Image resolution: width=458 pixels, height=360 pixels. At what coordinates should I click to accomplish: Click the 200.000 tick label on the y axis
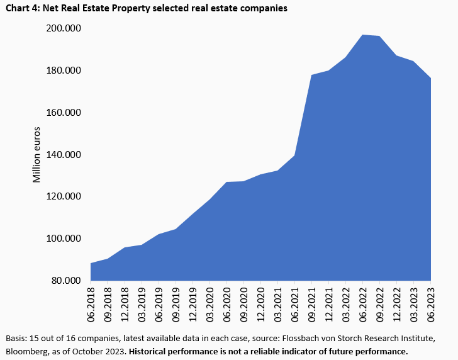(x=66, y=29)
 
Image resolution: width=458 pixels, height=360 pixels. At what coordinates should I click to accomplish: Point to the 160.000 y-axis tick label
(x=66, y=113)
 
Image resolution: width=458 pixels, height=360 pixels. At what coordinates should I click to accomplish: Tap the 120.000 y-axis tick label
(x=66, y=196)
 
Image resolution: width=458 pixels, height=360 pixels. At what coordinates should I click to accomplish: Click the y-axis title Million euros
(x=36, y=155)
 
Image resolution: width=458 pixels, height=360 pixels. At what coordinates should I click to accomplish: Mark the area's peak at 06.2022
(x=362, y=35)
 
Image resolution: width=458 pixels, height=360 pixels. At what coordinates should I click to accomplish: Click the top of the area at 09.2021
(x=311, y=75)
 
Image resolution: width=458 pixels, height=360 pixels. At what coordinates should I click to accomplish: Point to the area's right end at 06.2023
(x=430, y=78)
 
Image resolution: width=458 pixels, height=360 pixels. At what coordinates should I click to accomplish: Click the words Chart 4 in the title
(x=20, y=8)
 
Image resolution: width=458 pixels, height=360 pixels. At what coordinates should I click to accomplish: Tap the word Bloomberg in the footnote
(x=27, y=351)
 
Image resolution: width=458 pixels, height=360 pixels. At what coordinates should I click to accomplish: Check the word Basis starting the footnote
(x=16, y=339)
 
